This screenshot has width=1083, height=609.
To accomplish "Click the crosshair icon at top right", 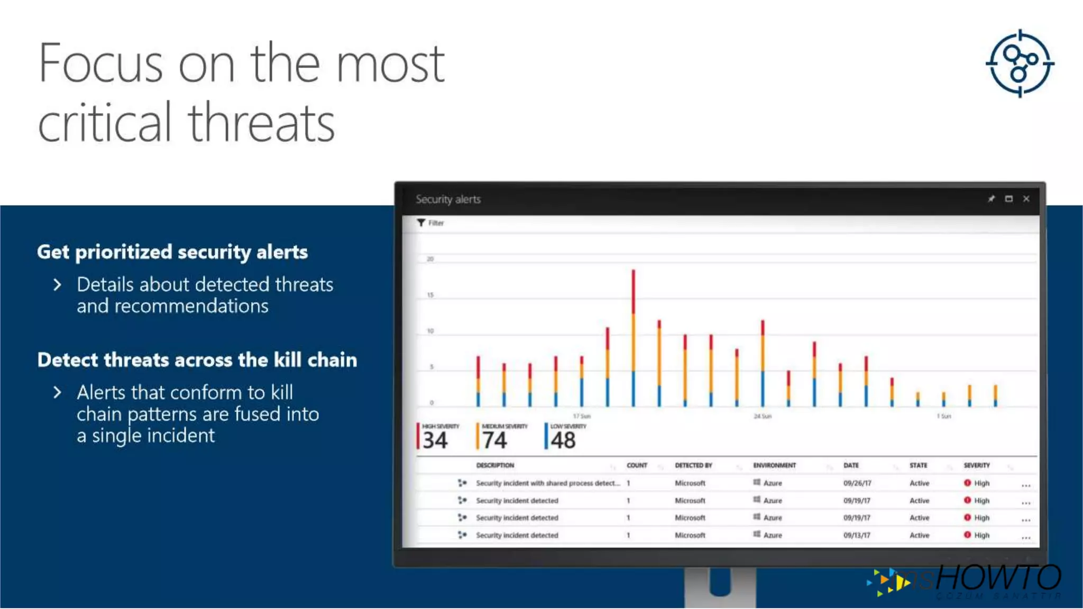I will click(1020, 63).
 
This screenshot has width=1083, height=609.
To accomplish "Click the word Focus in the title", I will click(100, 63).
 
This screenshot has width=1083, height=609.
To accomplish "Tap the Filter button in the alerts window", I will click(430, 223).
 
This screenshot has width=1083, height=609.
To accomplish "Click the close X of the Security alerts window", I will click(1026, 199).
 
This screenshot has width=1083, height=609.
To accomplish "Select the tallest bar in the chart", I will click(633, 338).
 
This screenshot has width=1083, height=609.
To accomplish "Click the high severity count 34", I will click(435, 440).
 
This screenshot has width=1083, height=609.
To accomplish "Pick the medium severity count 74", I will click(494, 440).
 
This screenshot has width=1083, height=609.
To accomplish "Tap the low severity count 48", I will click(563, 440).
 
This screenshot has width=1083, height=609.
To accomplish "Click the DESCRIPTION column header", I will click(495, 466).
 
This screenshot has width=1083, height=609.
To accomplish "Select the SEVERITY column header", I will click(977, 466).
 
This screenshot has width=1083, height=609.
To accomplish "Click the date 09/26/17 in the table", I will click(857, 483).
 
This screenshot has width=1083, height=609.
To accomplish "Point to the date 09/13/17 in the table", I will click(857, 536).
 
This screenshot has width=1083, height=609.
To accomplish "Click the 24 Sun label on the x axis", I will click(763, 417).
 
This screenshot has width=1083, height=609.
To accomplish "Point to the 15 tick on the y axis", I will click(430, 295).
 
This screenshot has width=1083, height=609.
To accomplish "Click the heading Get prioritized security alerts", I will click(172, 252).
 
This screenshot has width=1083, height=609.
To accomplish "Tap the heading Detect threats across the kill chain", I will click(197, 360).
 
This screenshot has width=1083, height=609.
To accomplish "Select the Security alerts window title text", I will click(448, 199).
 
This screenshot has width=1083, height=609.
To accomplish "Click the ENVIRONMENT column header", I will click(774, 466).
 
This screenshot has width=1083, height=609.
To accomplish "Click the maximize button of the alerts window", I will click(1009, 199).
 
